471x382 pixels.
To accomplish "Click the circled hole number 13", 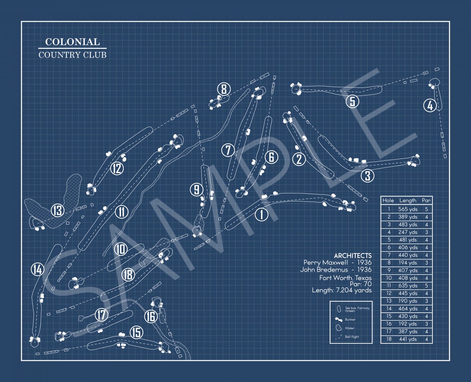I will [x=57, y=211].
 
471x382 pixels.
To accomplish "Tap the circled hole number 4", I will [x=430, y=105].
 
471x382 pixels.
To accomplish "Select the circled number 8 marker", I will [x=224, y=89].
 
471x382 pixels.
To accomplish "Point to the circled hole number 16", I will [x=151, y=317].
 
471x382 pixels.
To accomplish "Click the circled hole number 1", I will [x=261, y=214].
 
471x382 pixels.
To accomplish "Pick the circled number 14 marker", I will [x=38, y=270].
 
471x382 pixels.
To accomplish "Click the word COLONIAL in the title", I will [x=72, y=42].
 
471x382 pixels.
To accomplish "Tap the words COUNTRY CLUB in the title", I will [x=72, y=55].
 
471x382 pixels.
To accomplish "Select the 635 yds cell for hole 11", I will [x=407, y=285].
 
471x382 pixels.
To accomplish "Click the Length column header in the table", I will [x=407, y=200].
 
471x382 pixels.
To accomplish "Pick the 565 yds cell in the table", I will [x=407, y=209].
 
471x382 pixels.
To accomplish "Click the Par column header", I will [x=426, y=200].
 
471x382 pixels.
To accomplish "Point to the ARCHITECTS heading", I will [x=352, y=256].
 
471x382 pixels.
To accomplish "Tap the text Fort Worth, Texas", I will [x=345, y=278].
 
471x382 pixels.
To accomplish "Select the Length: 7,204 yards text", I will [x=342, y=291].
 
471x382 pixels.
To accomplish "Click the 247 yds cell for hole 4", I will [x=407, y=232].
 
